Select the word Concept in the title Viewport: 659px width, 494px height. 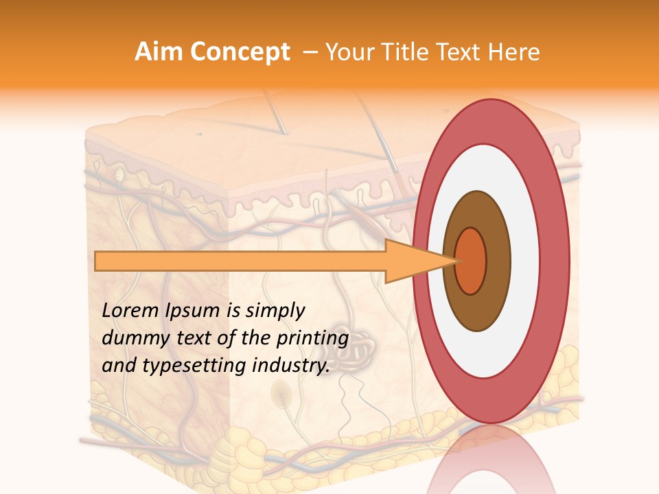[x=240, y=52]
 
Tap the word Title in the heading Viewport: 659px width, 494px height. [x=402, y=52]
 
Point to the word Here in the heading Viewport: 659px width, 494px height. [x=515, y=52]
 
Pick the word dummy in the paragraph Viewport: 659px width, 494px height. [x=132, y=338]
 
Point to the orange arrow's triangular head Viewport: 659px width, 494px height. [x=412, y=261]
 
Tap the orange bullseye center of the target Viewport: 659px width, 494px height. [x=471, y=261]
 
